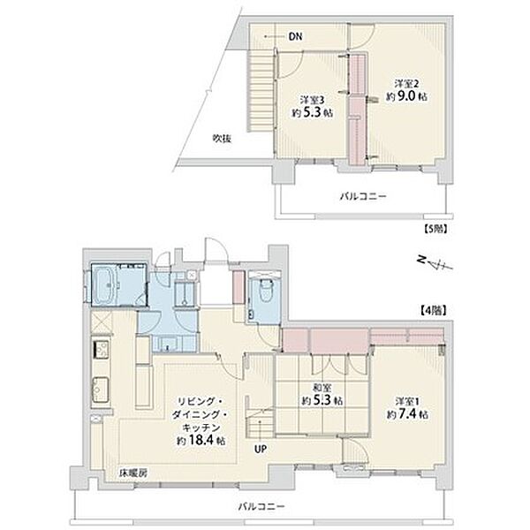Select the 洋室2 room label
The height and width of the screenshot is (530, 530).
coord(405,83)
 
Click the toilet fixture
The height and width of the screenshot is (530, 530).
coord(264,287)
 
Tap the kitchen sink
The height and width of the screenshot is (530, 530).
coord(100,390)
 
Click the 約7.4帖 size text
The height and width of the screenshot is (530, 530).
coord(409,412)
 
